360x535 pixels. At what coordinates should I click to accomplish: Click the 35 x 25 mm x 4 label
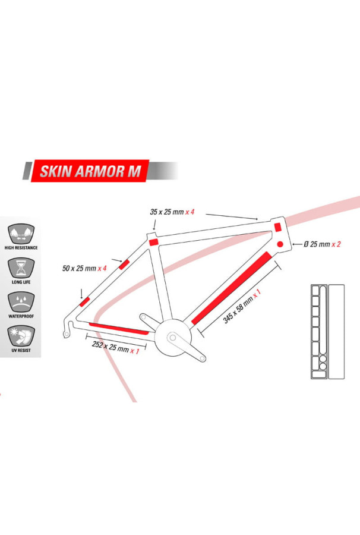(171, 212)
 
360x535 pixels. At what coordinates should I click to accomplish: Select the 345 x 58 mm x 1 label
(242, 307)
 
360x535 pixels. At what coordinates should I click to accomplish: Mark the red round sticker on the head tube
(280, 244)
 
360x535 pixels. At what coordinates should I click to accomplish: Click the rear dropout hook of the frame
(67, 329)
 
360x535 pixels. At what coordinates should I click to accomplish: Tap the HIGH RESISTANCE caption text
(21, 247)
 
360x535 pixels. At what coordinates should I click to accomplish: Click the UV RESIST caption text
(21, 352)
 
